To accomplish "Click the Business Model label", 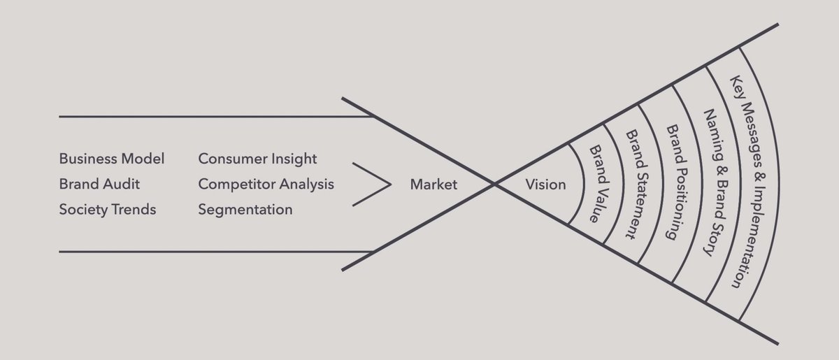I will pyautogui.click(x=112, y=159).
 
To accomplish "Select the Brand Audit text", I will pyautogui.click(x=99, y=184).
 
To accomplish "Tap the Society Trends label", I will pyautogui.click(x=108, y=209).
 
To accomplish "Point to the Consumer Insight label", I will pyautogui.click(x=257, y=159).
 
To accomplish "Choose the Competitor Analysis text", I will pyautogui.click(x=266, y=184).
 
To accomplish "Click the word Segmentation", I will pyautogui.click(x=245, y=209).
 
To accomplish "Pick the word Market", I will pyautogui.click(x=433, y=185).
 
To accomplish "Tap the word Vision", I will pyautogui.click(x=545, y=185).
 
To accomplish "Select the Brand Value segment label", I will pyautogui.click(x=595, y=183).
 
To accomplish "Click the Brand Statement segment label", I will pyautogui.click(x=631, y=183).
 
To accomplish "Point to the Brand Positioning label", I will pyautogui.click(x=672, y=183).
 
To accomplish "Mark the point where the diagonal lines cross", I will pyautogui.click(x=495, y=184).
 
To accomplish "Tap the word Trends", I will pyautogui.click(x=135, y=209).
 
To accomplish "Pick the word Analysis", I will pyautogui.click(x=309, y=184).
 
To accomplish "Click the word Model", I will pyautogui.click(x=146, y=159).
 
